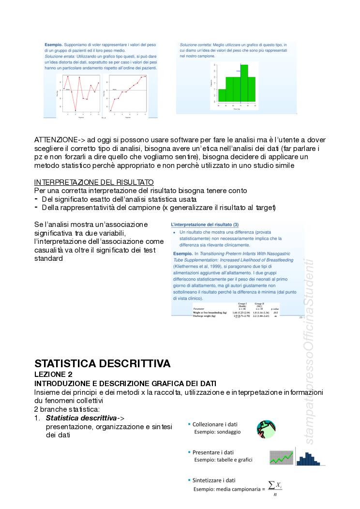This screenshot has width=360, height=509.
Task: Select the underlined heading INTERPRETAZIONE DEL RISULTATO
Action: (94, 182)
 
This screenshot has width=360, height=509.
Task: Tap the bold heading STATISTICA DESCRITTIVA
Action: (102, 363)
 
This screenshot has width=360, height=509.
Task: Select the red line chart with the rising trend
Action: (128, 94)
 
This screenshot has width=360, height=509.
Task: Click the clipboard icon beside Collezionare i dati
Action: (266, 429)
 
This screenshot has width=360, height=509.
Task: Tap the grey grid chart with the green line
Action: (281, 458)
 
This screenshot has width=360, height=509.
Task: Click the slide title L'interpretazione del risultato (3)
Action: (205, 225)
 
